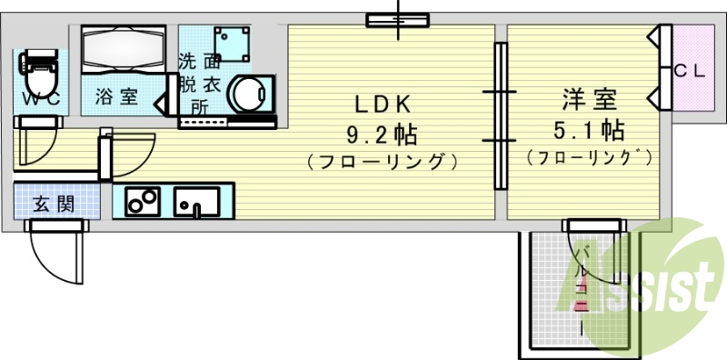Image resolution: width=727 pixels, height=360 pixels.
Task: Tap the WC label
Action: (40, 99)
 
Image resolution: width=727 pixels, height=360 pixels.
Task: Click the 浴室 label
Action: (118, 96)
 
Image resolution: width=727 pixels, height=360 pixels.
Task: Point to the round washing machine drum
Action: (247, 93)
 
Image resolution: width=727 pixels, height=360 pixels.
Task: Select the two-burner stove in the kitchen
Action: (142, 200)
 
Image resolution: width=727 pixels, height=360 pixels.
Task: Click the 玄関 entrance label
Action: (54, 203)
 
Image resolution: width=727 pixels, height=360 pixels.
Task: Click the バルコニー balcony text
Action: (583, 282)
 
